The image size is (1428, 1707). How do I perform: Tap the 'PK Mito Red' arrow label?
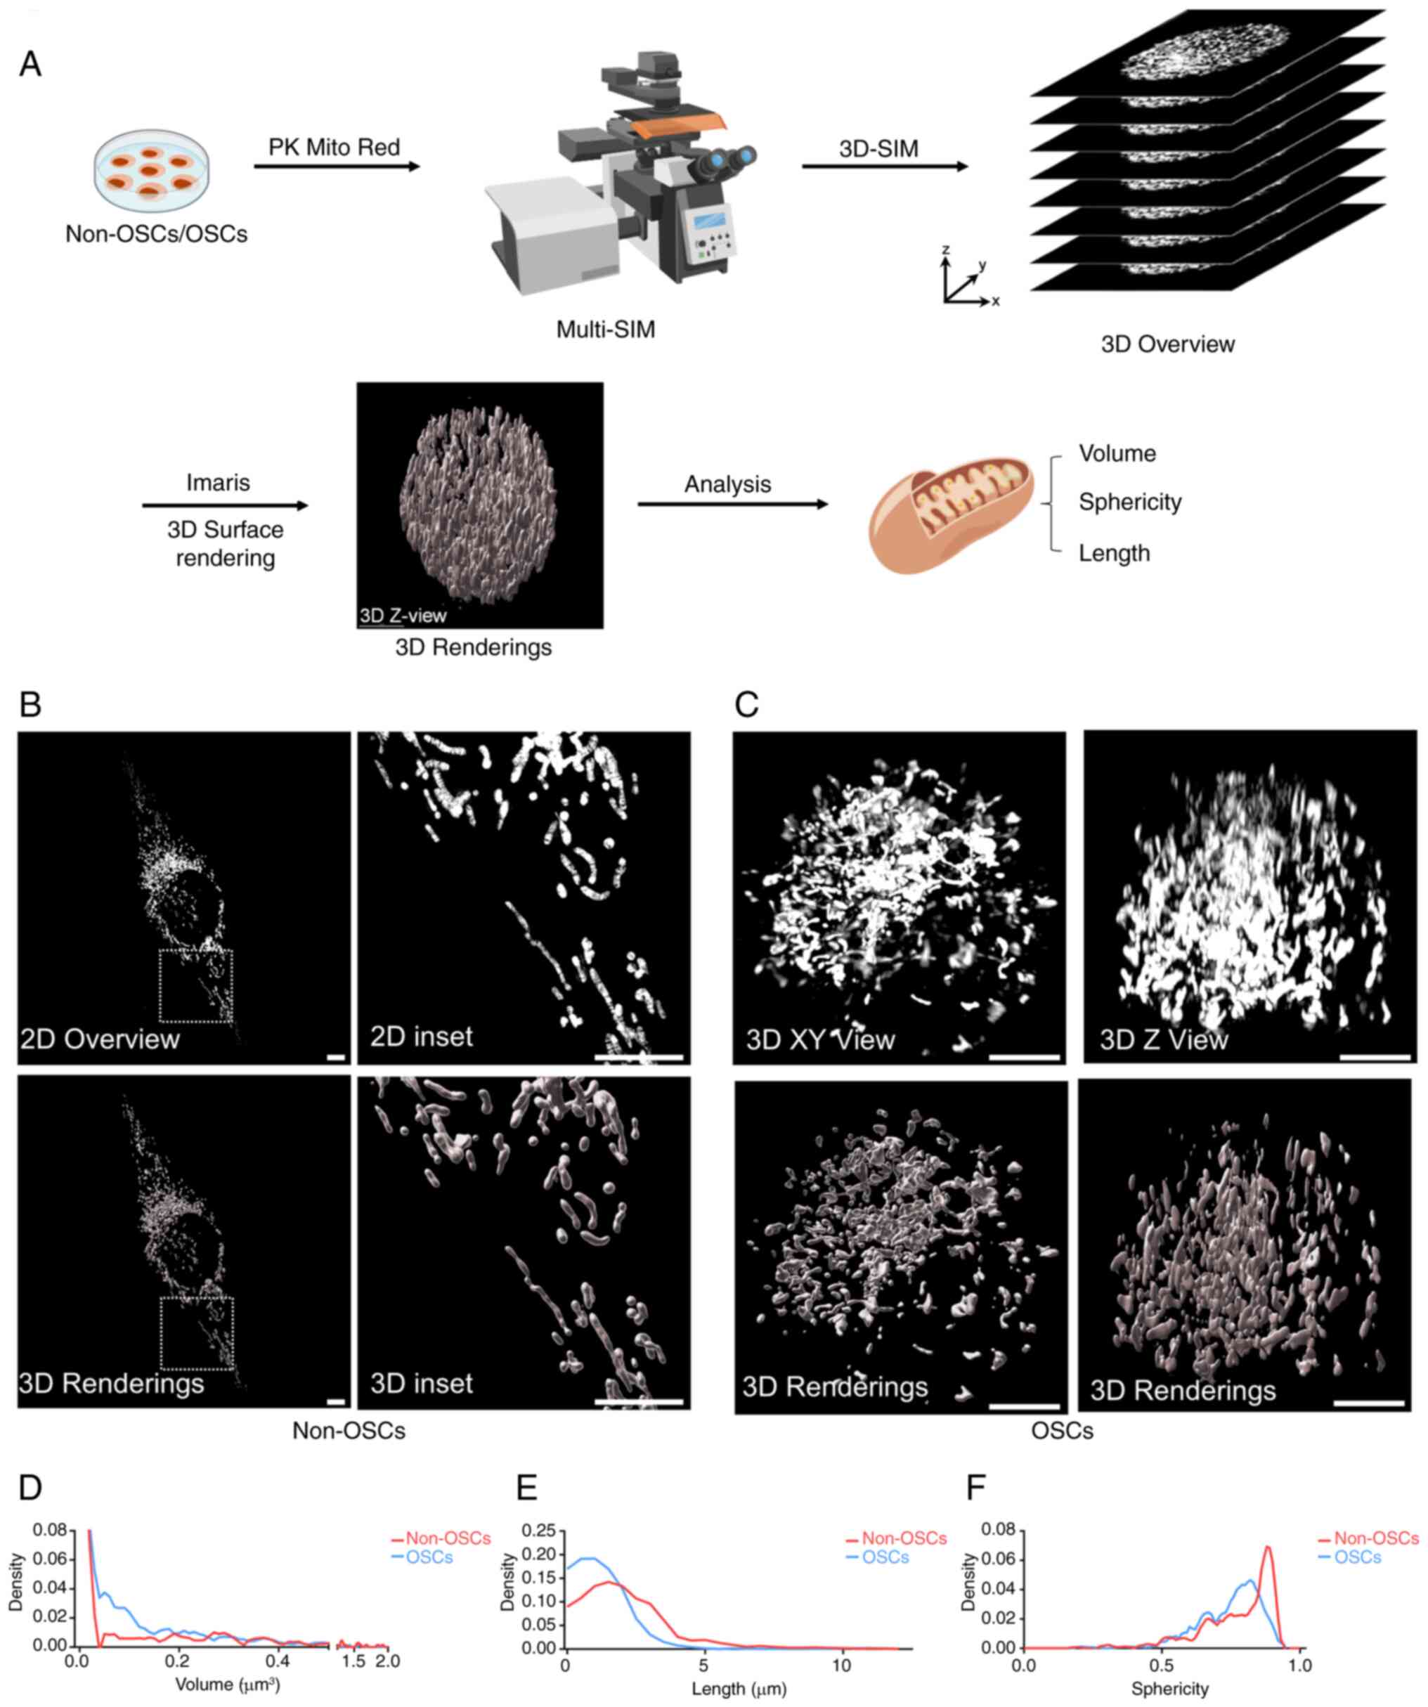(334, 147)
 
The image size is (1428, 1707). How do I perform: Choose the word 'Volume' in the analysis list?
(1117, 453)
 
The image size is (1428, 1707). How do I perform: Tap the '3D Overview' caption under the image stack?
(1167, 344)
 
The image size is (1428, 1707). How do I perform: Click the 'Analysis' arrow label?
(727, 484)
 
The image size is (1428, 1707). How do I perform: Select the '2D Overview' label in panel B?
(100, 1039)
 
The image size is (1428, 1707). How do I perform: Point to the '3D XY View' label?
(820, 1039)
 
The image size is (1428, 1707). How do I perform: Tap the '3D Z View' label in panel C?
(1163, 1039)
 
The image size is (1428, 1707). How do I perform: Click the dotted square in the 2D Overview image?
(196, 985)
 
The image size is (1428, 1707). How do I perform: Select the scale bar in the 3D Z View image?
(1375, 1058)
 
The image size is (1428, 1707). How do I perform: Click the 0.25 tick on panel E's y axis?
(539, 1531)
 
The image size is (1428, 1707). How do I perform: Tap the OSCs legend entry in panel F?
(1356, 1557)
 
